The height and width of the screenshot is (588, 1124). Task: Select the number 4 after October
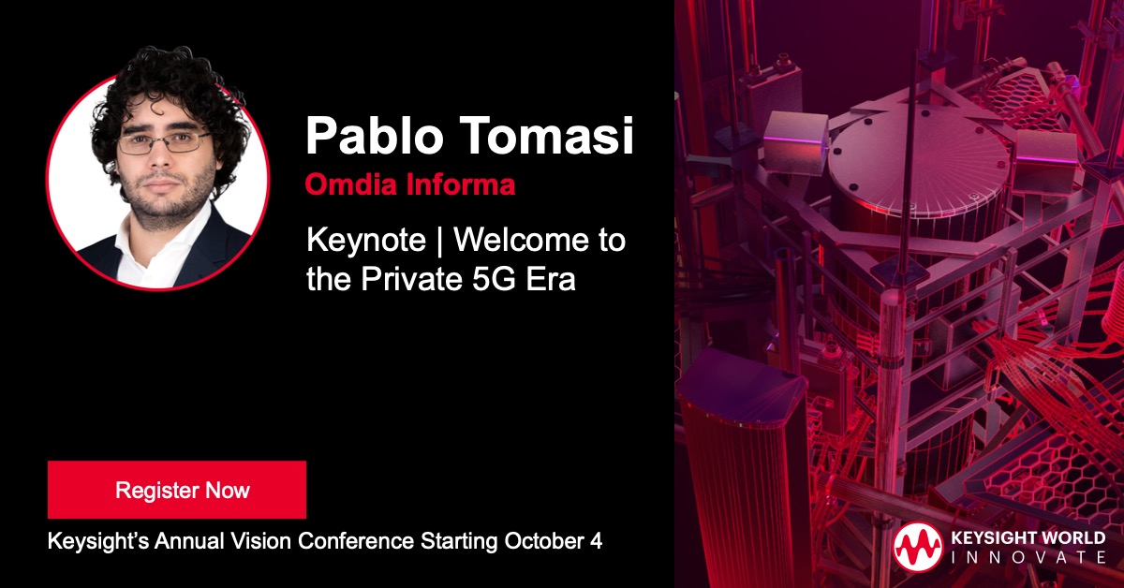596,541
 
